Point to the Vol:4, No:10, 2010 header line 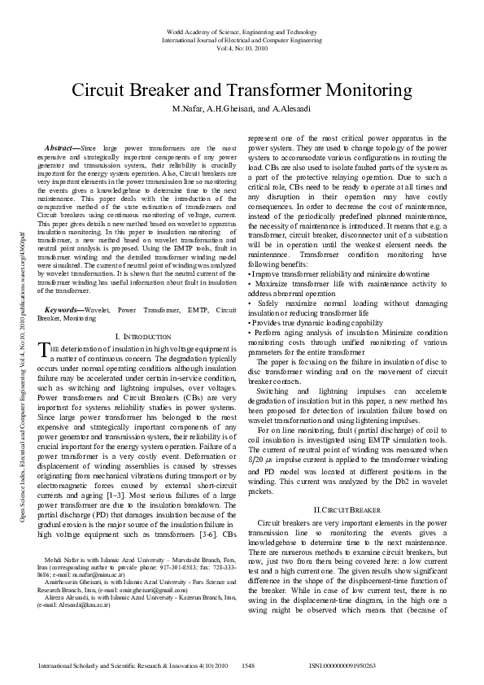click(x=242, y=47)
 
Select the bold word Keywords click(x=65, y=310)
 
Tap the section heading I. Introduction click(x=143, y=336)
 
